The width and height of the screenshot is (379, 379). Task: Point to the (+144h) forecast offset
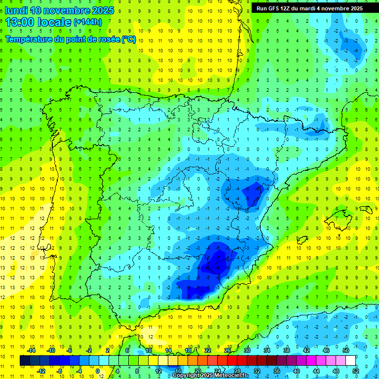point(87,22)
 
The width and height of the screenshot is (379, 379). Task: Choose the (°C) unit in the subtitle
point(129,39)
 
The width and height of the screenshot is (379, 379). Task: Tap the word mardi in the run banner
point(312,8)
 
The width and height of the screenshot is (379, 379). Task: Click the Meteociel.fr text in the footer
point(231,376)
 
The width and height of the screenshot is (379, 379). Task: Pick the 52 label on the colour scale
point(355,371)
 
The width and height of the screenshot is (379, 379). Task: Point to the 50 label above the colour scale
point(346,350)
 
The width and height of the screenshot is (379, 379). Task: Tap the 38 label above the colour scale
point(287,350)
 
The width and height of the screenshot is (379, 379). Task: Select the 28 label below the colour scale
point(237,371)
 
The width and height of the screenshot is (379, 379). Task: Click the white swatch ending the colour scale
point(350,361)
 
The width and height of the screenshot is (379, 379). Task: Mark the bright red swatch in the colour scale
point(232,361)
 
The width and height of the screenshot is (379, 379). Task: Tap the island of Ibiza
point(303,240)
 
